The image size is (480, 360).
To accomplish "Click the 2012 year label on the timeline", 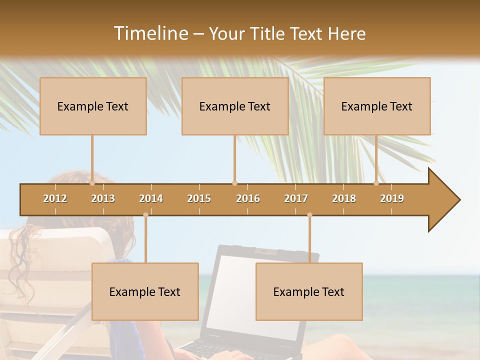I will click(x=55, y=198).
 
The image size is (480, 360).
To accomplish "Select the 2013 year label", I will click(x=103, y=198).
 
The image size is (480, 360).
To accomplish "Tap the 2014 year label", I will click(x=151, y=198).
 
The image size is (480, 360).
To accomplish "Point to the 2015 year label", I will click(x=199, y=198).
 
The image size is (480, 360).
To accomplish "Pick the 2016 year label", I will click(x=248, y=198).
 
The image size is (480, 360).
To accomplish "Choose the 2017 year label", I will click(x=296, y=198).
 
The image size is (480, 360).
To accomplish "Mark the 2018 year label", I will click(x=344, y=198).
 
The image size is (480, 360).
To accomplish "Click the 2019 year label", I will click(x=392, y=198).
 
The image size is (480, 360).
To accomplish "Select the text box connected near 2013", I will click(x=93, y=106).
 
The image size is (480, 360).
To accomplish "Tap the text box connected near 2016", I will click(x=235, y=106).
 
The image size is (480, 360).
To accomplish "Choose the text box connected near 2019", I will click(x=377, y=106).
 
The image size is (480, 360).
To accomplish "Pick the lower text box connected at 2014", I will click(x=145, y=291).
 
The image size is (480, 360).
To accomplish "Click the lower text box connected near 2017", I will click(x=309, y=291).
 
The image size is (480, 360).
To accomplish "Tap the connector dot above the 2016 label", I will click(x=235, y=183).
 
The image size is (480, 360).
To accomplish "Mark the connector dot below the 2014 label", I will click(x=145, y=215).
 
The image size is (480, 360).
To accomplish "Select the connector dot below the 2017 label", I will click(x=309, y=215).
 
